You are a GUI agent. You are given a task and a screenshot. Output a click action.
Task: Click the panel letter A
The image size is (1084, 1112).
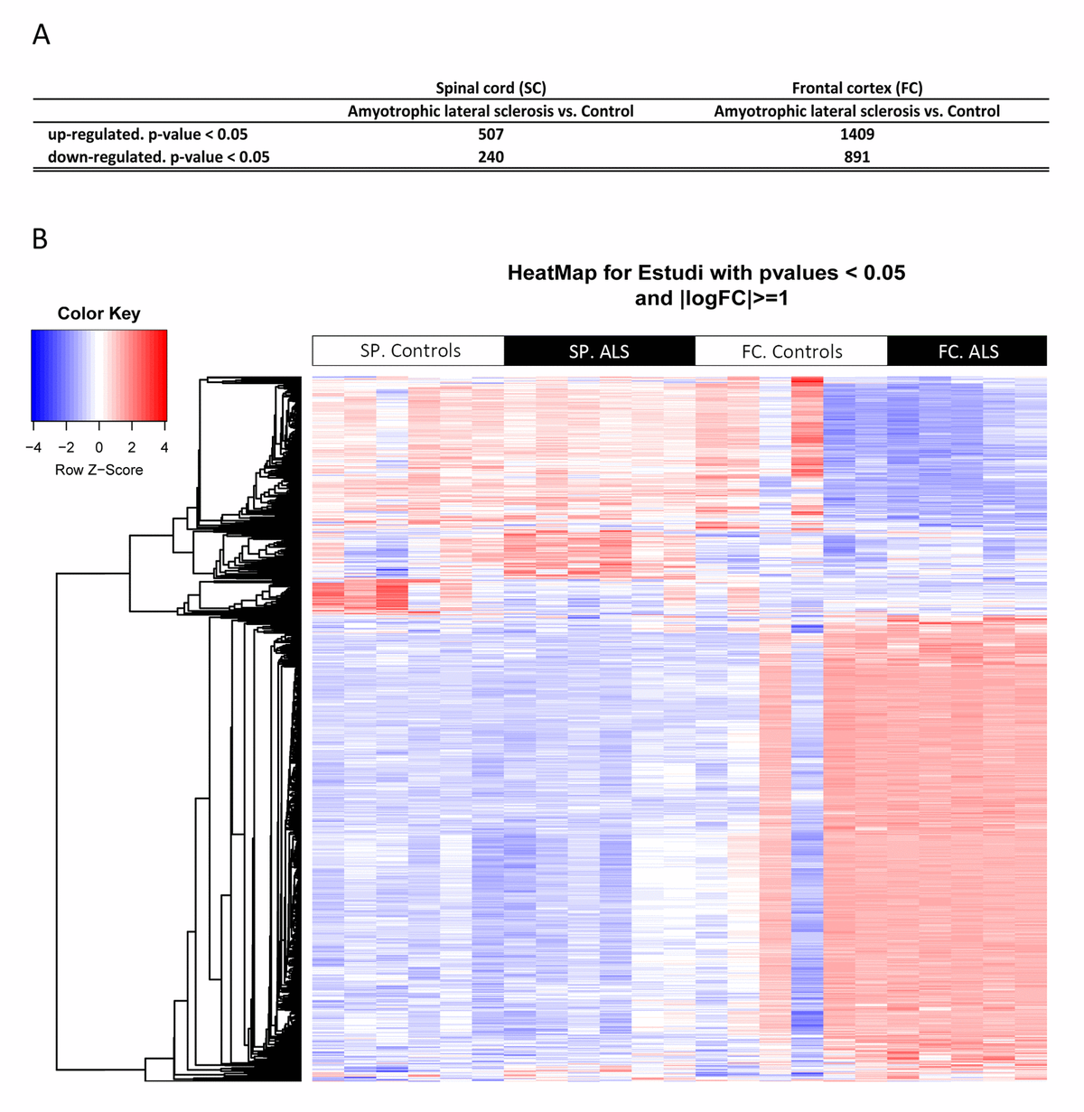click(41, 35)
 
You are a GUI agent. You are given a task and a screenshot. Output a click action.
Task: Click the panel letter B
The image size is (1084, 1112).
click(40, 239)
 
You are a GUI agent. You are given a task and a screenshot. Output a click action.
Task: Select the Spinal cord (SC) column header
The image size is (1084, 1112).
click(491, 88)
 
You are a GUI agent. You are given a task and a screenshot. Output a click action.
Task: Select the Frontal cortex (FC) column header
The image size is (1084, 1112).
click(856, 88)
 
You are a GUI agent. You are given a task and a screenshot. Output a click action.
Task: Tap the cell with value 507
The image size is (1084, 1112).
click(491, 134)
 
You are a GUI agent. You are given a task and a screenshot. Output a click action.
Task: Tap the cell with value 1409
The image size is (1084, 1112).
click(856, 134)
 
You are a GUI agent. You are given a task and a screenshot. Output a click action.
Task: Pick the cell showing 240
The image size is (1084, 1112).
click(491, 156)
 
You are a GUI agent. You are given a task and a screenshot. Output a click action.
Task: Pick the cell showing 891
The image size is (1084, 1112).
click(856, 156)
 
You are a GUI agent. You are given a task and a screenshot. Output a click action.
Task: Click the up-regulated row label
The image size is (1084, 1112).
click(147, 134)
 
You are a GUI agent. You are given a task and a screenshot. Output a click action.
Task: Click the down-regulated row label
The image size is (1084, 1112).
click(158, 156)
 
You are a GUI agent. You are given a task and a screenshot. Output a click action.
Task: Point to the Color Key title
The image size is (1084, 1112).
click(98, 313)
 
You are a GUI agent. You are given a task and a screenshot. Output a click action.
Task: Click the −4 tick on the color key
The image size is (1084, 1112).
click(33, 447)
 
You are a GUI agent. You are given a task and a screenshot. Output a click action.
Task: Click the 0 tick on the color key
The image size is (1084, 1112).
click(99, 447)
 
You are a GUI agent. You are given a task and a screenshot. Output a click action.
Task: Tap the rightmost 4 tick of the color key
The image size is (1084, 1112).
click(165, 447)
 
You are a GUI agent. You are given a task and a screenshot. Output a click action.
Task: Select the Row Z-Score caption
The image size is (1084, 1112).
click(98, 470)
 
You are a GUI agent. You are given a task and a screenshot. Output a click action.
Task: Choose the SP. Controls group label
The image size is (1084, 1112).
click(410, 350)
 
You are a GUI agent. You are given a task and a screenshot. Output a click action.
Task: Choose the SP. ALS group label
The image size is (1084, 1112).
click(599, 351)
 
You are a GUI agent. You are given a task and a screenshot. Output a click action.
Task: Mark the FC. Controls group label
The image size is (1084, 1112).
click(791, 351)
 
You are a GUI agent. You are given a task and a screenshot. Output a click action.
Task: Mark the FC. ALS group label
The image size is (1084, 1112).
click(968, 351)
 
